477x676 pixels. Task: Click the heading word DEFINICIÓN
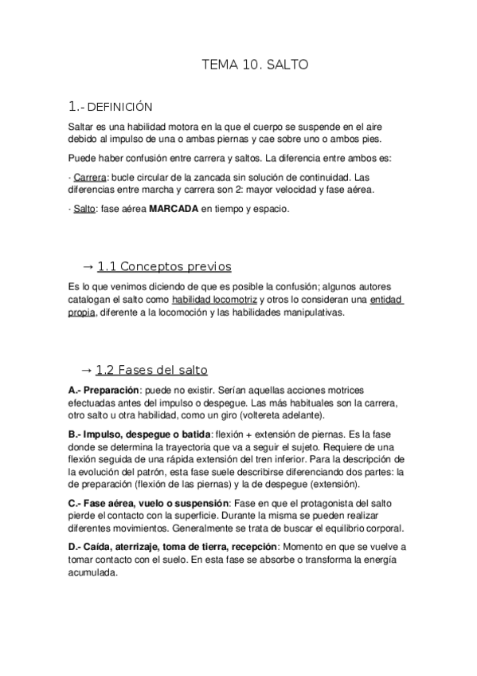point(119,107)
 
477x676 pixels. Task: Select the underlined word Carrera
point(89,177)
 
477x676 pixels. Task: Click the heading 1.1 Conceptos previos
point(164,266)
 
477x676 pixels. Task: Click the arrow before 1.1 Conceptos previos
point(88,266)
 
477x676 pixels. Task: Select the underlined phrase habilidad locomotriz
point(214,300)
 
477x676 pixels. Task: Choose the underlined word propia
point(82,312)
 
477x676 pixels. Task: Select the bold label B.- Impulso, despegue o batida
point(139,434)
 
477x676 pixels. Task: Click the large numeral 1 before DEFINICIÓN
point(72,106)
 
